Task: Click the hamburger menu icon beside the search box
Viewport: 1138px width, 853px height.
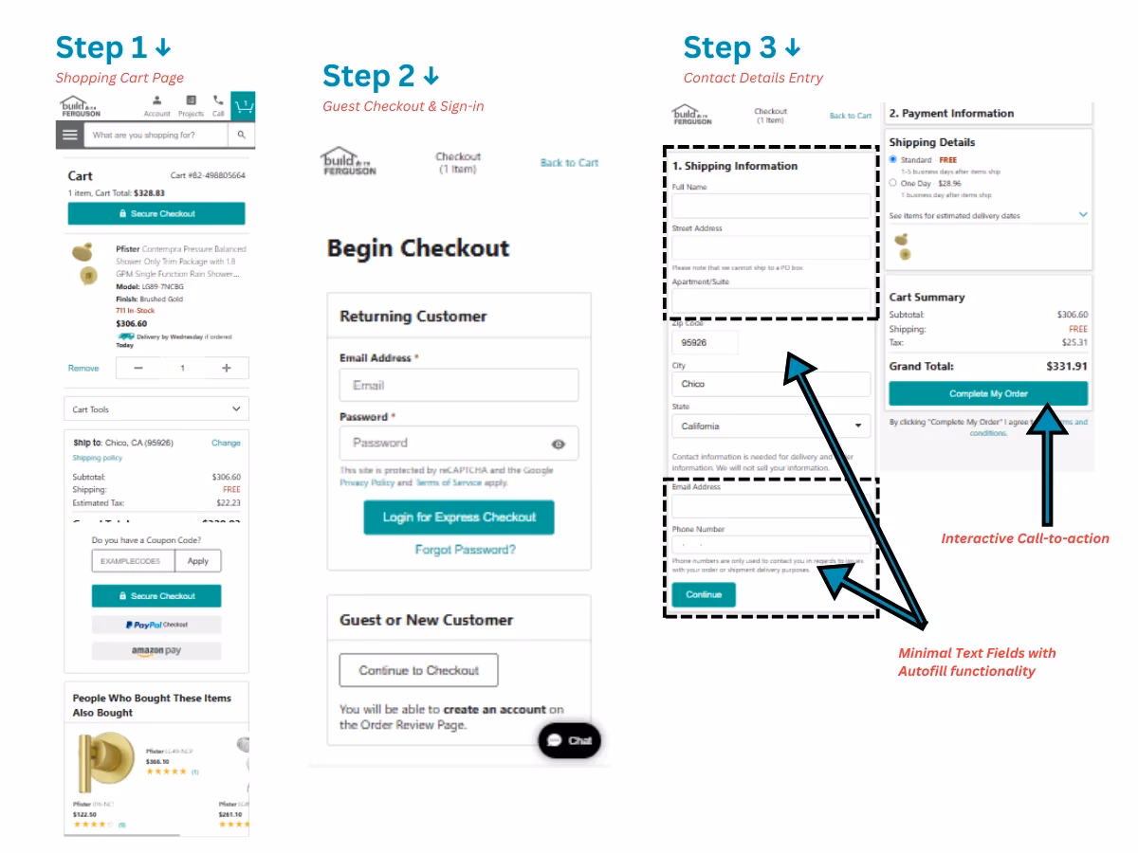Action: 69,136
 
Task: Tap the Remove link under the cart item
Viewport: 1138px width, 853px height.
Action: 83,368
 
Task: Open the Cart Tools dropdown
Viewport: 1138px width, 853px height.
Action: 156,409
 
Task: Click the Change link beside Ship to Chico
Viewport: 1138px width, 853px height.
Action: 226,443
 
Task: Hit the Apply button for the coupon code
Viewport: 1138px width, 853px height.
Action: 198,561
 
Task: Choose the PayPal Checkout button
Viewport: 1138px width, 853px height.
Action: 156,625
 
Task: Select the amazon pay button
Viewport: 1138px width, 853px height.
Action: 156,651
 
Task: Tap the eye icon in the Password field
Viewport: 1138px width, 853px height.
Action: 559,444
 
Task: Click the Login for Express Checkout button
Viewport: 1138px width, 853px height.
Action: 459,517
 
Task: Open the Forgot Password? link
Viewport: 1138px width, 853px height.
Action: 466,550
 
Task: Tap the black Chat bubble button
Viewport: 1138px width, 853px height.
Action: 569,740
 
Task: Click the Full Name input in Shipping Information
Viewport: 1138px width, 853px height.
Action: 770,206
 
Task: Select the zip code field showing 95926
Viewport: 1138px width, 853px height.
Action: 704,343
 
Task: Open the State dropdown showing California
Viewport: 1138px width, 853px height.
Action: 770,426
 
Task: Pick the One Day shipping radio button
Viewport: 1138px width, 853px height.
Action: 893,183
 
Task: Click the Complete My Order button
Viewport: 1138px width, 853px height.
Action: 988,393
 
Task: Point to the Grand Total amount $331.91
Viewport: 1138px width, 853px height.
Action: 1066,366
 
